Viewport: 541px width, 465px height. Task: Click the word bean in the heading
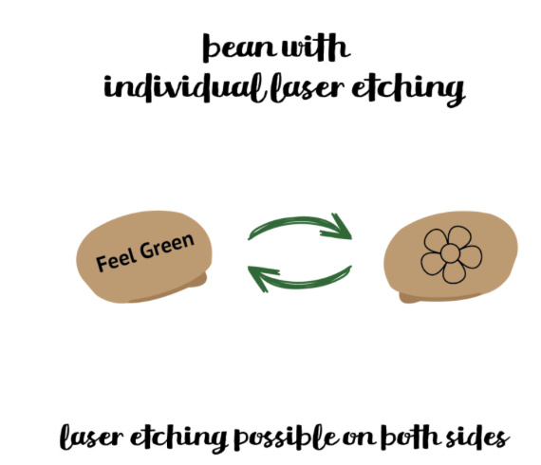(x=239, y=47)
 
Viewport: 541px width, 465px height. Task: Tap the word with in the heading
(x=316, y=47)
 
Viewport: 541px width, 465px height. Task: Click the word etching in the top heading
(x=408, y=88)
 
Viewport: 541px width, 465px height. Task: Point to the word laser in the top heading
(x=308, y=87)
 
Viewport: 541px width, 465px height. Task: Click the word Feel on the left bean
(x=116, y=261)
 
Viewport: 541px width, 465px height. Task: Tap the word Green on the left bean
(x=167, y=246)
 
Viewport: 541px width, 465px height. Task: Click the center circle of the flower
(x=450, y=253)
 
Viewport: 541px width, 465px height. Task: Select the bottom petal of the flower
(x=454, y=272)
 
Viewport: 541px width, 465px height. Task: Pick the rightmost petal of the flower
(x=471, y=256)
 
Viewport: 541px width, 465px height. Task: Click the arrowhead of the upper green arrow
(x=337, y=229)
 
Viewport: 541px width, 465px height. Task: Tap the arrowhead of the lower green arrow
(x=262, y=278)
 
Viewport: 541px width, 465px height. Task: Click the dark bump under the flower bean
(x=408, y=298)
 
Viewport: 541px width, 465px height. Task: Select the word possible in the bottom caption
(x=286, y=437)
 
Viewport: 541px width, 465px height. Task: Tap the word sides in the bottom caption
(x=477, y=437)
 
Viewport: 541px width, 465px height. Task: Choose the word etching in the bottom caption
(x=178, y=438)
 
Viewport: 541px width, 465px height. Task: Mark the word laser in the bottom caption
(x=92, y=437)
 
